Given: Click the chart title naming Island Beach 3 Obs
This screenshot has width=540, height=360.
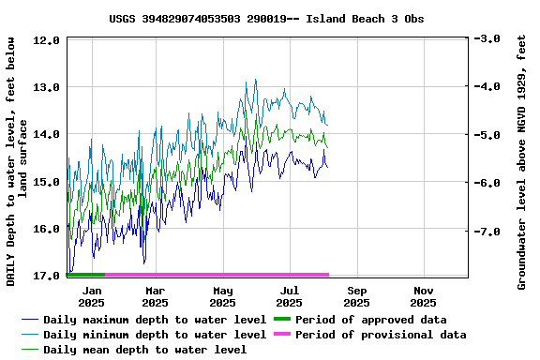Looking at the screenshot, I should tap(266, 19).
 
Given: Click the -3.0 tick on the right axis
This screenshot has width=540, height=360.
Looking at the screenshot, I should tap(488, 39).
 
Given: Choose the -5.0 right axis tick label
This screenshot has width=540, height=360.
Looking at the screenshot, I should tap(488, 135).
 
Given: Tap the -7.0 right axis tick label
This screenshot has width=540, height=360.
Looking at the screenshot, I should tap(488, 231).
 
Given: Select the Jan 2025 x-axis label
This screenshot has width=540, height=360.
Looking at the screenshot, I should tap(91, 296).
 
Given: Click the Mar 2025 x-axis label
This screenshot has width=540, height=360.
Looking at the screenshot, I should tap(156, 296).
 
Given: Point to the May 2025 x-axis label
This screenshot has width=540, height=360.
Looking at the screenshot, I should tap(222, 296).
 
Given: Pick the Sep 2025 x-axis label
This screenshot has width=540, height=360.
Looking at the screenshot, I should tap(356, 296).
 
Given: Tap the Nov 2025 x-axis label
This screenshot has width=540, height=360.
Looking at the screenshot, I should tap(423, 296).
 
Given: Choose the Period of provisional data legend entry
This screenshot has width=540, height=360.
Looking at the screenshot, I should tap(381, 335).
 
